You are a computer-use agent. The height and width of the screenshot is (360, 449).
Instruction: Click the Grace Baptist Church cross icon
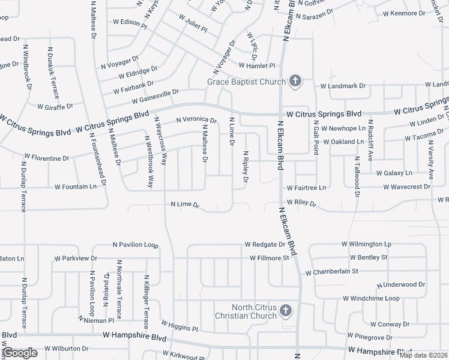click(x=295, y=81)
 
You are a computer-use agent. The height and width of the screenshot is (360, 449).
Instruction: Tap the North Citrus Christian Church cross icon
click(x=285, y=311)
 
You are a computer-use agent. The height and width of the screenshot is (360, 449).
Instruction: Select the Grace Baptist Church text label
click(x=246, y=82)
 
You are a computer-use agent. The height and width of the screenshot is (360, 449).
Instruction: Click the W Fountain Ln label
click(x=76, y=187)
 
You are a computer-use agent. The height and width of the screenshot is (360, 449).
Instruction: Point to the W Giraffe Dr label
click(x=55, y=107)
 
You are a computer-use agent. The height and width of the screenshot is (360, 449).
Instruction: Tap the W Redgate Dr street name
click(x=265, y=245)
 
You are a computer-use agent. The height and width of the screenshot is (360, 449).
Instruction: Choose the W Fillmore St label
click(x=270, y=259)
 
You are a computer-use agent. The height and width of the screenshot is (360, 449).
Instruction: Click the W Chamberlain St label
click(x=331, y=272)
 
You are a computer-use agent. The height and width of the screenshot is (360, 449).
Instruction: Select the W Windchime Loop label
click(x=371, y=298)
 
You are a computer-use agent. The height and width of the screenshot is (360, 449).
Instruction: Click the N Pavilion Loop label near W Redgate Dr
click(x=135, y=245)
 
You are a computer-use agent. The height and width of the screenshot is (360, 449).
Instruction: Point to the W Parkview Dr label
click(x=76, y=259)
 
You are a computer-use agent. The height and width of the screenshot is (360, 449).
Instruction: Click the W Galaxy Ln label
click(x=395, y=173)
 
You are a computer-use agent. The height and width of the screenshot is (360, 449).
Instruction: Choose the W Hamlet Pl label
click(x=256, y=65)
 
